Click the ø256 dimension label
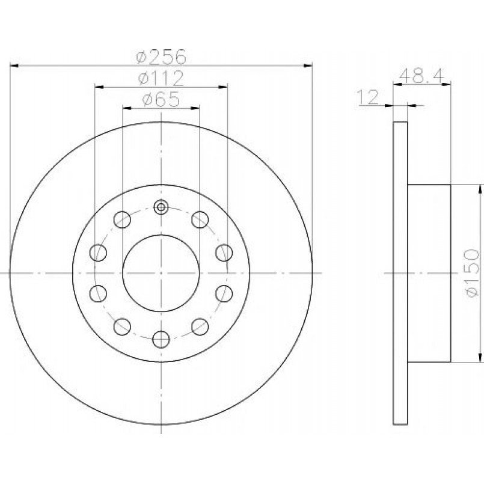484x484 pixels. (161, 57)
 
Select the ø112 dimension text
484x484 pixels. (161, 78)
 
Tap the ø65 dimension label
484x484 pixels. (161, 99)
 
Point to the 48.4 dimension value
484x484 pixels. (421, 75)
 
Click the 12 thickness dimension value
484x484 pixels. (367, 97)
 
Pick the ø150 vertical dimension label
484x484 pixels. (473, 273)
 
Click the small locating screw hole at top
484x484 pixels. (161, 207)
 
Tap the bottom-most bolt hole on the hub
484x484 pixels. (161, 339)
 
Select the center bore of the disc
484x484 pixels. (161, 273)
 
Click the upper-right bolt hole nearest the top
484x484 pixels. (200, 219)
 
